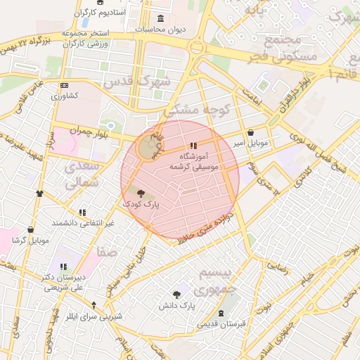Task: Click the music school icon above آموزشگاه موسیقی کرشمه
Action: pos(193,146)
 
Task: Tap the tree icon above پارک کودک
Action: pos(140,193)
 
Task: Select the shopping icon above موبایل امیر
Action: pos(250,133)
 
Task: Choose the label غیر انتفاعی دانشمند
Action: pos(81,223)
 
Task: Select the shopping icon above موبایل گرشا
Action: pos(30,229)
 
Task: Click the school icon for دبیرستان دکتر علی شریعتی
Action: pos(63,266)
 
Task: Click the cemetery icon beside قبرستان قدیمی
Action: pos(221,313)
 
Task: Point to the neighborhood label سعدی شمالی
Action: pos(84,176)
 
